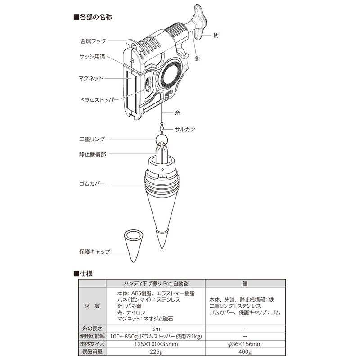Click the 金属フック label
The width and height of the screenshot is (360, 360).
point(93,41)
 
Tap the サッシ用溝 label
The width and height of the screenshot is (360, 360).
point(92,57)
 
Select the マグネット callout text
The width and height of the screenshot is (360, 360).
point(91,78)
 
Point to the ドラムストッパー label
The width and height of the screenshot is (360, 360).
point(99,100)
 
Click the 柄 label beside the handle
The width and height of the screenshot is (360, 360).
point(216,35)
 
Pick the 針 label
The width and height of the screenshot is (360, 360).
point(198,58)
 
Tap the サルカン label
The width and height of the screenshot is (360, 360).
point(185,129)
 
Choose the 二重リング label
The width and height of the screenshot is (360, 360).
point(92,139)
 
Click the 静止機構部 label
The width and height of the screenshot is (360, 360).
point(93,154)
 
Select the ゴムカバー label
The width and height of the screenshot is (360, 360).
point(92,184)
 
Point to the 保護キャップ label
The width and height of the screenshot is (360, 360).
point(94,252)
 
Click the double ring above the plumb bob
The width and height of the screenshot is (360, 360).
point(162,139)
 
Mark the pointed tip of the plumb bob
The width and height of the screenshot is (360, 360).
point(162,249)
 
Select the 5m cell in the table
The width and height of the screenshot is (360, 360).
point(156,328)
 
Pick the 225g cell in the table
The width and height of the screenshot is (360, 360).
point(156,351)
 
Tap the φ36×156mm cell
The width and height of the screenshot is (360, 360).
point(245,344)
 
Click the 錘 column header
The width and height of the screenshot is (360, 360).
point(245,283)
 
